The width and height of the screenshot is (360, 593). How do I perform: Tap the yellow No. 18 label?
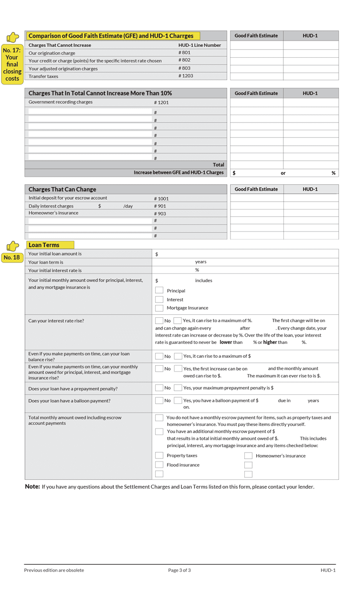(11, 257)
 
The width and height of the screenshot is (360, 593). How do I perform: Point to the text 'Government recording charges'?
(60, 102)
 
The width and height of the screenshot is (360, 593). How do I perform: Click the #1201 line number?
(161, 102)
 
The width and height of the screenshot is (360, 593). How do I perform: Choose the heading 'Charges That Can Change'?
(62, 189)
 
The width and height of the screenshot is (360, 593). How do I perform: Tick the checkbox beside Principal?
(159, 290)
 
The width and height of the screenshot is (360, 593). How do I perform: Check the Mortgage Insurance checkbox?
(159, 307)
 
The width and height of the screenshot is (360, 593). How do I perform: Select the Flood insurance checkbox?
(159, 465)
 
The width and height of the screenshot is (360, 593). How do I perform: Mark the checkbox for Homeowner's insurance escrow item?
(248, 456)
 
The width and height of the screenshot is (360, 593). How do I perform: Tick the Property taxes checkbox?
(159, 455)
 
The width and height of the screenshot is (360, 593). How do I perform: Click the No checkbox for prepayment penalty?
(159, 388)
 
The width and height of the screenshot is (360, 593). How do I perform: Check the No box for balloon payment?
(159, 401)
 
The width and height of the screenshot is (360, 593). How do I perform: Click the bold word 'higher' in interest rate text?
(270, 342)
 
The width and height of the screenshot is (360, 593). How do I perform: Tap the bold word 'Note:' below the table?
(32, 487)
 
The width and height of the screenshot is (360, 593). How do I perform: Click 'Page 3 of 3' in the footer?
(180, 570)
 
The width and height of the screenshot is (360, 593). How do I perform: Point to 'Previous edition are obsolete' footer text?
(54, 570)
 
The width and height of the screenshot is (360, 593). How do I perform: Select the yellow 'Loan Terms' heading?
(44, 245)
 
